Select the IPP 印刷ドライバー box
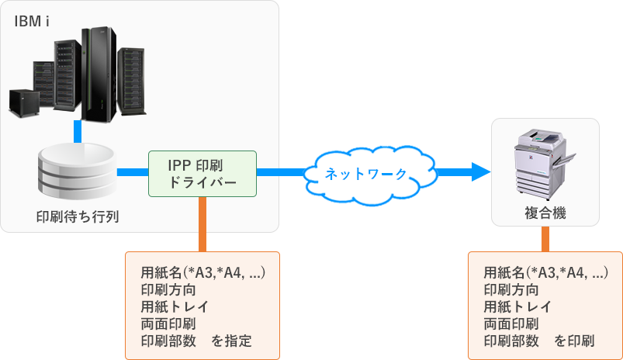202,173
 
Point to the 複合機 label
545,213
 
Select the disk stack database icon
78,172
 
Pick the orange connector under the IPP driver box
202,225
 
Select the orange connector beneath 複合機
545,239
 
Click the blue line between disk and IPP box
132,172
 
